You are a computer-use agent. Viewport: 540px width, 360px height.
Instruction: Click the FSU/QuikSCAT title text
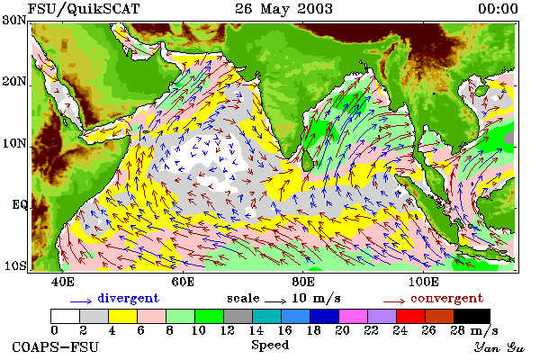click(x=84, y=9)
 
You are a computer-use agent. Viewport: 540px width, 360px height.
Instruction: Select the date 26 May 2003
click(x=283, y=9)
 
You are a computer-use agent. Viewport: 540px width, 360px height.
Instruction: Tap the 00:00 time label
click(x=498, y=9)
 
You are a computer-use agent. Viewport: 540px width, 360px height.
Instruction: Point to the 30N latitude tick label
click(x=14, y=21)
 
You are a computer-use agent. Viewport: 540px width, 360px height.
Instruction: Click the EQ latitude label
click(x=20, y=205)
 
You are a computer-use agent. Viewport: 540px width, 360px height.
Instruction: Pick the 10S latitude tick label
click(x=14, y=265)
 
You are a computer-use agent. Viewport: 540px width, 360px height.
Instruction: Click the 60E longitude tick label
click(x=183, y=282)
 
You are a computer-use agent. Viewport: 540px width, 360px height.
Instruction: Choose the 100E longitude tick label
click(x=424, y=282)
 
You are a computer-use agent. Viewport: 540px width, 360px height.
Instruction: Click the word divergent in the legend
click(x=128, y=298)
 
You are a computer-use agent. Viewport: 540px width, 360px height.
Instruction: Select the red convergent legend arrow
click(x=394, y=301)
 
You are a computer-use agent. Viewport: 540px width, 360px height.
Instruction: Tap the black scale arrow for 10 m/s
click(x=275, y=301)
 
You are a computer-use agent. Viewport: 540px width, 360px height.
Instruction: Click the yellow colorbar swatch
click(x=123, y=316)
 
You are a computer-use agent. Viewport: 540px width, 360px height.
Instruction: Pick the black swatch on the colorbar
click(x=472, y=316)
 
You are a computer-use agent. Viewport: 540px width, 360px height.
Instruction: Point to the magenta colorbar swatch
click(x=353, y=316)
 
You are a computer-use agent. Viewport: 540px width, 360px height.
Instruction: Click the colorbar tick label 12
click(x=228, y=330)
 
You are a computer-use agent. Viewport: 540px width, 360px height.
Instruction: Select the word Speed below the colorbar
click(x=270, y=345)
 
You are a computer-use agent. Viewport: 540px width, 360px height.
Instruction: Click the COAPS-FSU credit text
click(x=56, y=346)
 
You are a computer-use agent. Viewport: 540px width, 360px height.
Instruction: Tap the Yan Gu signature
click(x=499, y=347)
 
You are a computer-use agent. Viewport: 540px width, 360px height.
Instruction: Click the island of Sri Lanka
click(x=308, y=160)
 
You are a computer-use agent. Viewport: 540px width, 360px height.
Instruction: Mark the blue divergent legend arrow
click(x=81, y=301)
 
